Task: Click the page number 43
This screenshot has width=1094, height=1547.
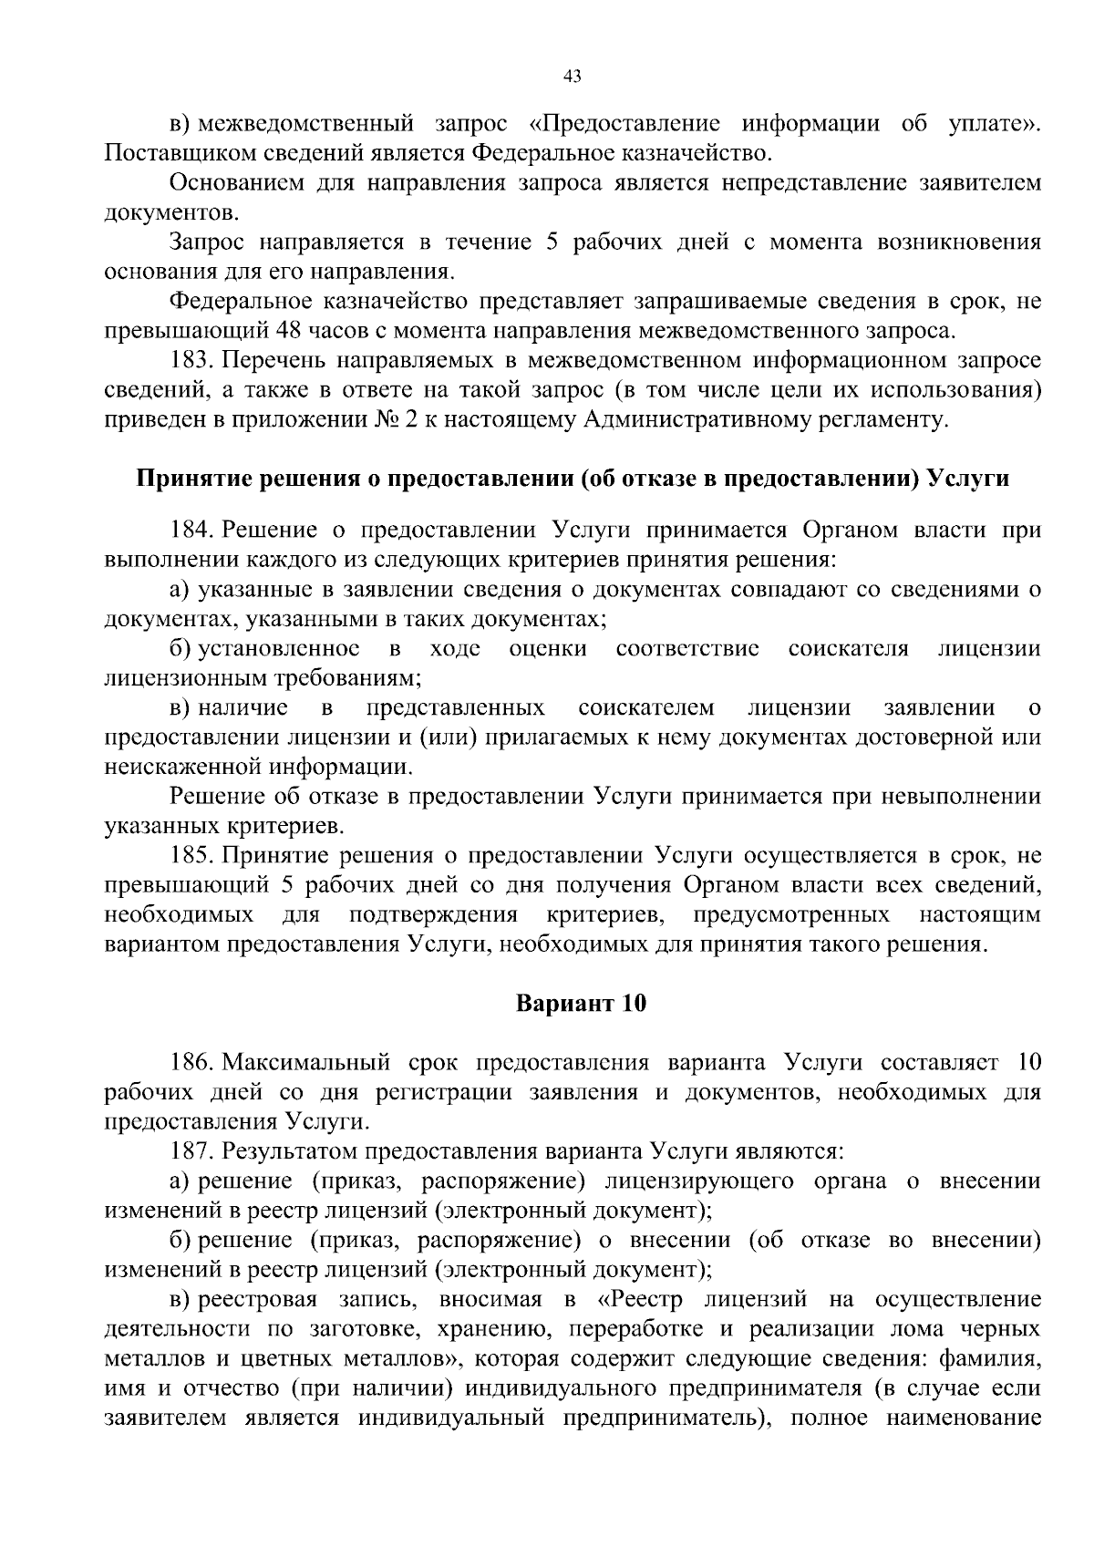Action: (573, 77)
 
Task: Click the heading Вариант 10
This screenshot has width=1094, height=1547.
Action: (581, 1004)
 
